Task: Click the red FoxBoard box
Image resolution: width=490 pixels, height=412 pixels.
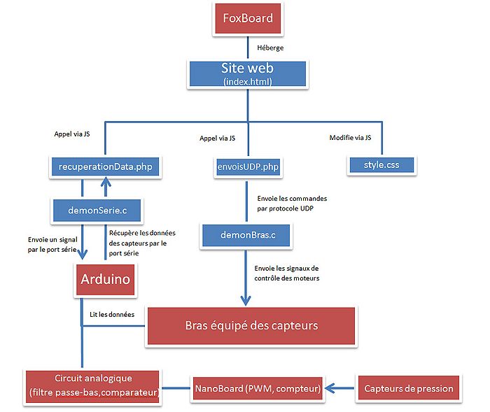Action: [247, 18]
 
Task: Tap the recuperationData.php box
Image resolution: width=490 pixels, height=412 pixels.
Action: [104, 166]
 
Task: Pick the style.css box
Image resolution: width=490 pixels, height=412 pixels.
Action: [380, 166]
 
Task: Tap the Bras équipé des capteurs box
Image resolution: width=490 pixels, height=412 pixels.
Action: [251, 325]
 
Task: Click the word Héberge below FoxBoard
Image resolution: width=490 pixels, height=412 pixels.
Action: [271, 48]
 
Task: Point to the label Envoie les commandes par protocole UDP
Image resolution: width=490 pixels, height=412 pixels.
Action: [292, 203]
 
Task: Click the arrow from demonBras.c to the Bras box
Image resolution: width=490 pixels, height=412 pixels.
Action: [246, 276]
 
